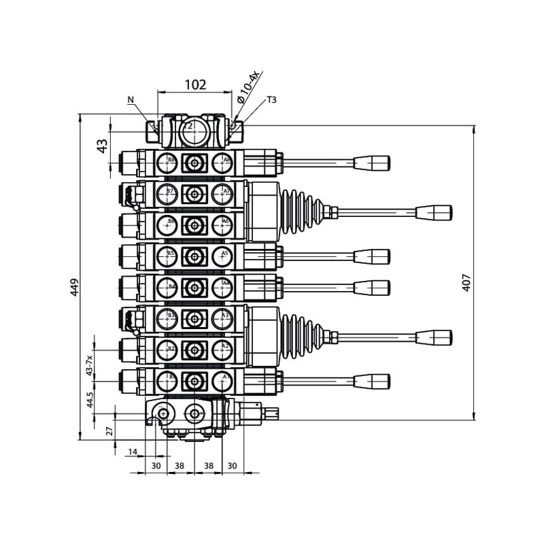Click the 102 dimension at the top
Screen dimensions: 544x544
tap(195, 85)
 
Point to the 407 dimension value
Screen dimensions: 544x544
tap(466, 282)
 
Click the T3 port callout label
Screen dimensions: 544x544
tap(271, 100)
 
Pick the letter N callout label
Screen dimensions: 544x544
tap(131, 99)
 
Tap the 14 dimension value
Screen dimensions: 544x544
tap(133, 451)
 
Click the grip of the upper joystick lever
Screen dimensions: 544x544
tap(435, 212)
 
